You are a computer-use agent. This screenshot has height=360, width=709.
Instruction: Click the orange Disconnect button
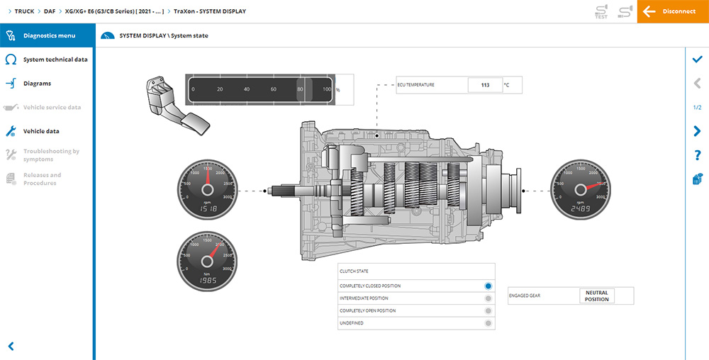[x=673, y=11]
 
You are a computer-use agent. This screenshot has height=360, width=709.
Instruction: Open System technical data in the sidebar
[x=55, y=60]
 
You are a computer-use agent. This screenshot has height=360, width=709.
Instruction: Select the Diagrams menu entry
[x=37, y=84]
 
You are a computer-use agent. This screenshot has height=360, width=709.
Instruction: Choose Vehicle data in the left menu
[x=41, y=131]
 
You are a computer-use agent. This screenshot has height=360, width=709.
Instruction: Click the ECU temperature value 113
[x=485, y=85]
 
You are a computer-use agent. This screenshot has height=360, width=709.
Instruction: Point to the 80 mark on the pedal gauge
[x=301, y=90]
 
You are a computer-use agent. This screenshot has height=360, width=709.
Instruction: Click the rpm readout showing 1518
[x=207, y=210]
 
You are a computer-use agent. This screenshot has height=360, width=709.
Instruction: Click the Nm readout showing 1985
[x=207, y=281]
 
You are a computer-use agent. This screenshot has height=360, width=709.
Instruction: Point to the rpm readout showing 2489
[x=581, y=210]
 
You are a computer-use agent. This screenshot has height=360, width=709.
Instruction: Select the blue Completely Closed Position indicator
[x=488, y=286]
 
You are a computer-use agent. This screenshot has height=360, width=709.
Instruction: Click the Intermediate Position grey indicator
[x=488, y=298]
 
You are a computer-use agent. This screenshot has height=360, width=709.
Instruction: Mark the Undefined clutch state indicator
[x=488, y=323]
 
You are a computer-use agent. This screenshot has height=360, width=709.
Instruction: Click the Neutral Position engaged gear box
[x=596, y=296]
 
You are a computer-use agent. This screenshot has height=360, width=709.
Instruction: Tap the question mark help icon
[x=697, y=155]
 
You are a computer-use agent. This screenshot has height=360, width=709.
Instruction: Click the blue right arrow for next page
[x=697, y=131]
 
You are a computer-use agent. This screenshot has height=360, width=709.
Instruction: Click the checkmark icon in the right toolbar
[x=697, y=60]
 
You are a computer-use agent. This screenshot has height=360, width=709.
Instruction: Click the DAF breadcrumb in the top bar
[x=50, y=11]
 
